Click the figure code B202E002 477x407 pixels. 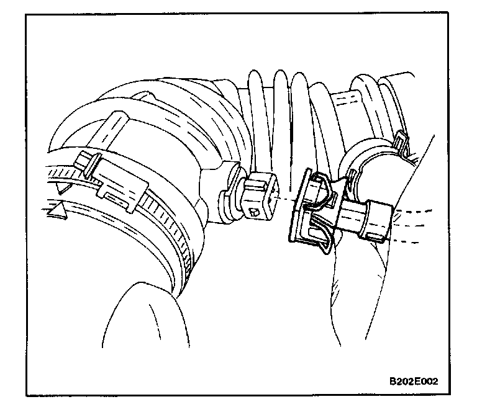click(414, 381)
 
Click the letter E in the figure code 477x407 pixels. click(417, 381)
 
